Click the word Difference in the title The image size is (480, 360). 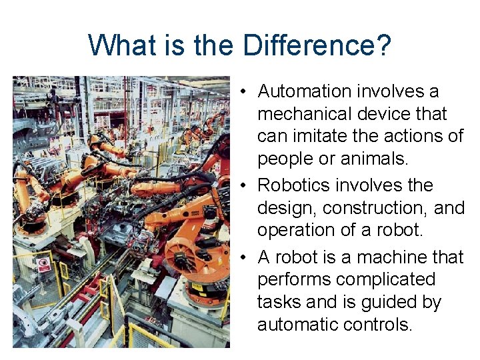(x=309, y=47)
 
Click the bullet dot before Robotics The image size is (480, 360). (x=246, y=185)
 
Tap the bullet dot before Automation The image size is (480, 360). (x=246, y=91)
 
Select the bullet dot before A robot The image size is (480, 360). (x=246, y=257)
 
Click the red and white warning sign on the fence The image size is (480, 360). (x=44, y=264)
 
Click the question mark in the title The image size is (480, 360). (x=384, y=47)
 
